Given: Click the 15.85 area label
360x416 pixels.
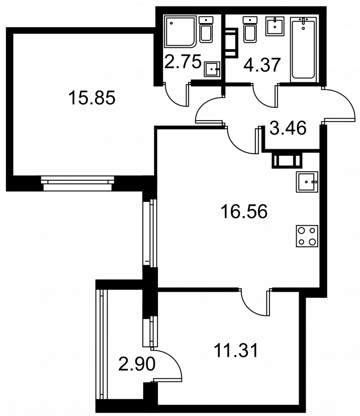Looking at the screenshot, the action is (92, 97).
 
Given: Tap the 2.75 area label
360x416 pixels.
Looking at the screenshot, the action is (183, 62).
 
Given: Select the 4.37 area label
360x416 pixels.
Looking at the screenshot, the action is (262, 65).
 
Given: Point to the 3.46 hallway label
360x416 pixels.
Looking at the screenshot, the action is (288, 128).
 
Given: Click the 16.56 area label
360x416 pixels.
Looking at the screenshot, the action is (244, 212).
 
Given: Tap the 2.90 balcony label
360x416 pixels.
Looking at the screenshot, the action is (137, 364).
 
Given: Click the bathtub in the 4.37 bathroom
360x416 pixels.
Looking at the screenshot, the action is (304, 50).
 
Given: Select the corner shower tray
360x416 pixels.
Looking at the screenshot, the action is (180, 32).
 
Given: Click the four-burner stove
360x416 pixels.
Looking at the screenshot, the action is (307, 236).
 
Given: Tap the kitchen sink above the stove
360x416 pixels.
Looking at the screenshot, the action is (307, 182).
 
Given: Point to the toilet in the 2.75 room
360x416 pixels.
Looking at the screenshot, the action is (206, 30).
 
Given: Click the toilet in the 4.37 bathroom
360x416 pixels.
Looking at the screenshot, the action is (250, 30).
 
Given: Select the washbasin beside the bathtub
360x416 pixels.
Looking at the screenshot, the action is (275, 26).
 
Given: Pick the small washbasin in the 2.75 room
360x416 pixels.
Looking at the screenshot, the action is (212, 69).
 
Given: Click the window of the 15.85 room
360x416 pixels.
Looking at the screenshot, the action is (77, 183).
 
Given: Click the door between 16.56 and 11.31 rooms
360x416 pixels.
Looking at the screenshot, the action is (255, 302).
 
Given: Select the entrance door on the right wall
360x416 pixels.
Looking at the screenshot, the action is (338, 106).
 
